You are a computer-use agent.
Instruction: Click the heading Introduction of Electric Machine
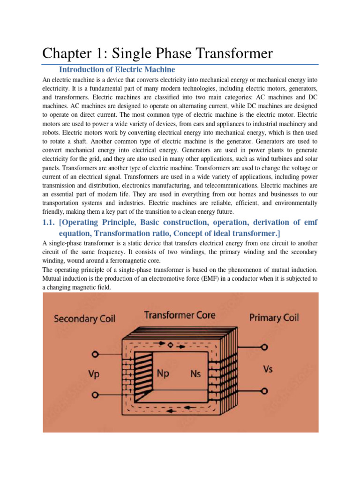(x=117, y=69)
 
